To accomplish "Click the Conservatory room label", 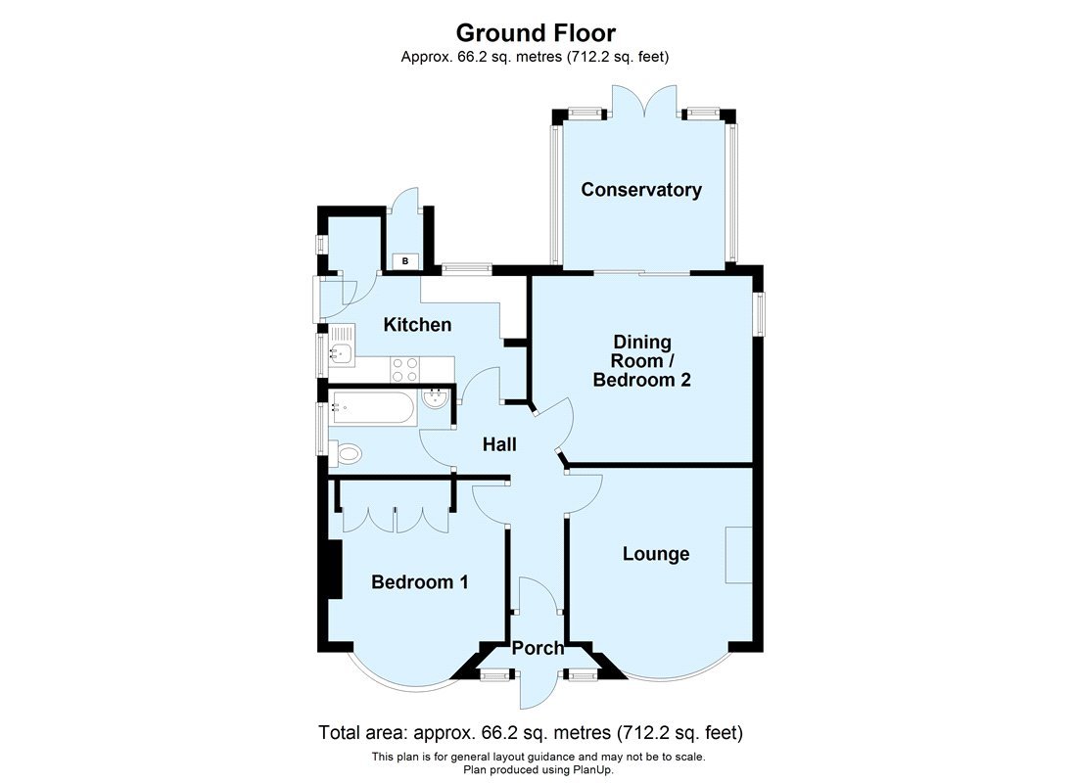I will click(641, 190).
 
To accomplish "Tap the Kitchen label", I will click(417, 324).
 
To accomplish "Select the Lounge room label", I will click(656, 554).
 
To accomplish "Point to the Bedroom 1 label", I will click(419, 582).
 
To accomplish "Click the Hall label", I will click(499, 444).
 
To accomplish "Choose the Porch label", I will click(538, 648).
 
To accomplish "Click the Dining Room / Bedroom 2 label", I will click(642, 361).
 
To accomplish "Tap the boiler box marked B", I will click(405, 260).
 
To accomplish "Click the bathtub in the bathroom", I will click(372, 406).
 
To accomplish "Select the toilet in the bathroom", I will click(345, 453).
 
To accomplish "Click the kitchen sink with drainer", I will click(343, 353).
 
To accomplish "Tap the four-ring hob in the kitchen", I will click(405, 369).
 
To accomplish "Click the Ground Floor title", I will click(536, 33).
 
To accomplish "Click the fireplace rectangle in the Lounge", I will click(738, 555).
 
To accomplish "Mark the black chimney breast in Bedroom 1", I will click(332, 570).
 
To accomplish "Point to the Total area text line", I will click(532, 732).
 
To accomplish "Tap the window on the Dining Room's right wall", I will click(760, 313).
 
